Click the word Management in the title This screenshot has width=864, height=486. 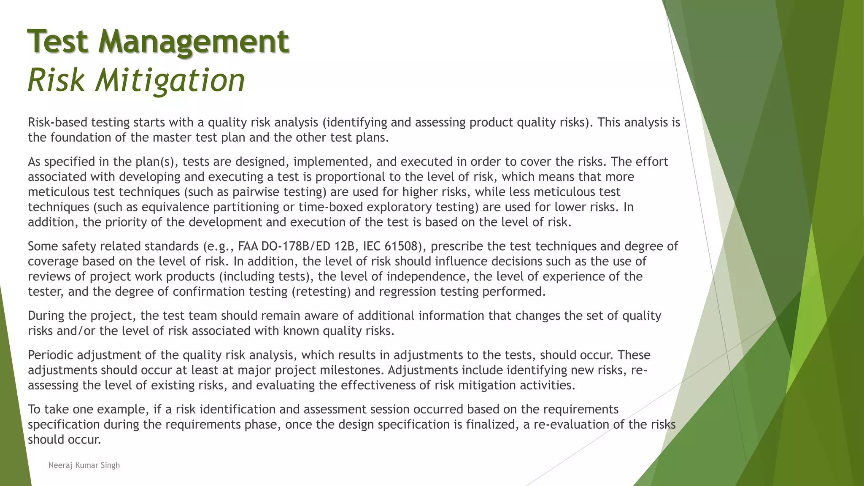pyautogui.click(x=194, y=41)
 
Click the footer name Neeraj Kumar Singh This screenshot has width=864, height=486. pyautogui.click(x=84, y=465)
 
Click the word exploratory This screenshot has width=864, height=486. pyautogui.click(x=400, y=207)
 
